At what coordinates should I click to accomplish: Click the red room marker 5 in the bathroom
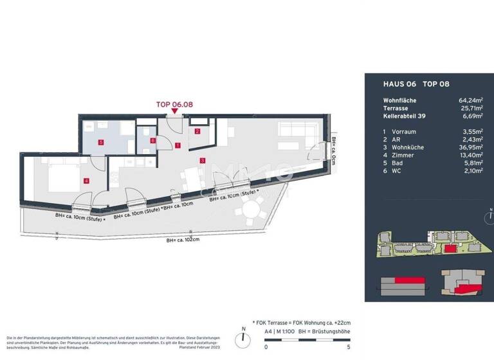pyautogui.click(x=100, y=142)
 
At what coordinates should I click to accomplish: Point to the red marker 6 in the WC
pyautogui.click(x=152, y=140)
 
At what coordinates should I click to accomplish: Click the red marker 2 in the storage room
pyautogui.click(x=197, y=132)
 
